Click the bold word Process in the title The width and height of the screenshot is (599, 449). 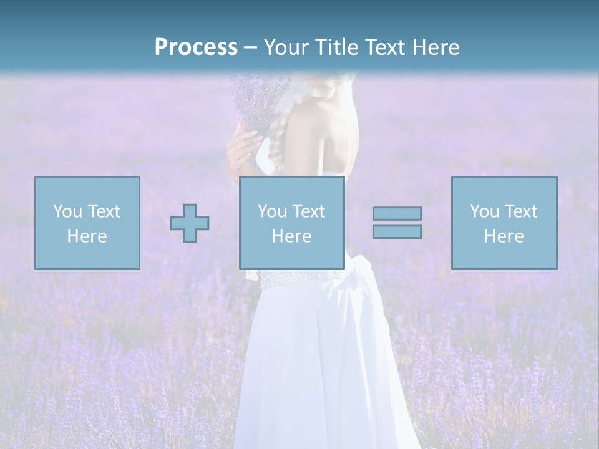click(196, 47)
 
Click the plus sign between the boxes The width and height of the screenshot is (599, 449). click(190, 223)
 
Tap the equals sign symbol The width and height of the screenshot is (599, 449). click(397, 223)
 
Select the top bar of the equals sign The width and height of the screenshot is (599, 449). click(397, 214)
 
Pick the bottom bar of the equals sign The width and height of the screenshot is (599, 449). click(397, 232)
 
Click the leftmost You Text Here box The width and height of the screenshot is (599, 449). click(87, 223)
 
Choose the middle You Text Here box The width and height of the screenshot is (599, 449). click(291, 223)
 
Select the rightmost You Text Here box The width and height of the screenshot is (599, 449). click(504, 223)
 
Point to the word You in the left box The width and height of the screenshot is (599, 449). click(67, 211)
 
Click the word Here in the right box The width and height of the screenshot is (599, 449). click(504, 236)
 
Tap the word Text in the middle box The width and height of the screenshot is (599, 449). click(308, 211)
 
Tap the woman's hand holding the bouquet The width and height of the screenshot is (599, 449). click(240, 150)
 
